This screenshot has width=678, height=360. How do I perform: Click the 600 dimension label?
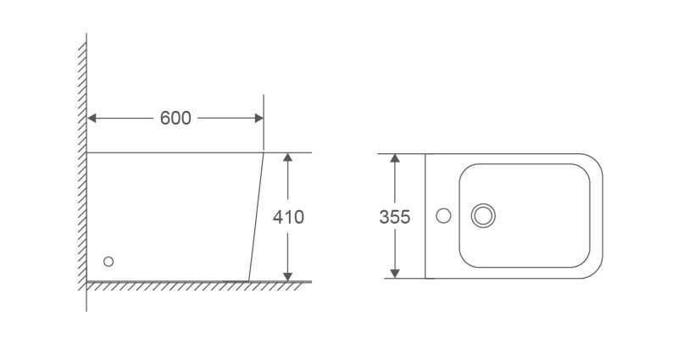pyautogui.click(x=175, y=118)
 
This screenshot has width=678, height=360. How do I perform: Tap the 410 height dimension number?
pyautogui.click(x=288, y=217)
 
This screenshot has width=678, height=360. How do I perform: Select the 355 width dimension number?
pyautogui.click(x=394, y=217)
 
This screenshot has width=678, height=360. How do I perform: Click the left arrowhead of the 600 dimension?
pyautogui.click(x=92, y=118)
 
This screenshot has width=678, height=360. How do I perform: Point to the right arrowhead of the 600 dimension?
pyautogui.click(x=259, y=118)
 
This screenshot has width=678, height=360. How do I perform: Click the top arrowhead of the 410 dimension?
pyautogui.click(x=287, y=157)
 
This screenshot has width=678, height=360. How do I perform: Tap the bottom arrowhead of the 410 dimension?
pyautogui.click(x=287, y=277)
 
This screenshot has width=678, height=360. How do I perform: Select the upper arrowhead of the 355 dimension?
pyautogui.click(x=394, y=158)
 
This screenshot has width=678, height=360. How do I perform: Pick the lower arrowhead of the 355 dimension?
pyautogui.click(x=394, y=273)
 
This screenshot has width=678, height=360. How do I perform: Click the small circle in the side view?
pyautogui.click(x=108, y=262)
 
